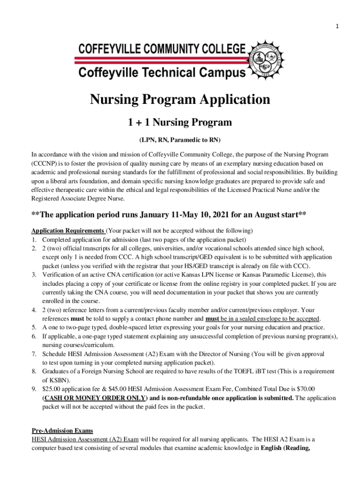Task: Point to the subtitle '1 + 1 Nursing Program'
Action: (x=180, y=123)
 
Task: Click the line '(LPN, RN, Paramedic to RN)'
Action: (x=180, y=140)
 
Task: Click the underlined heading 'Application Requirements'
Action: (x=68, y=231)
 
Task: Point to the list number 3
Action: (x=34, y=275)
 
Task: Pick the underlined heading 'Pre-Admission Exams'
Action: (x=62, y=430)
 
